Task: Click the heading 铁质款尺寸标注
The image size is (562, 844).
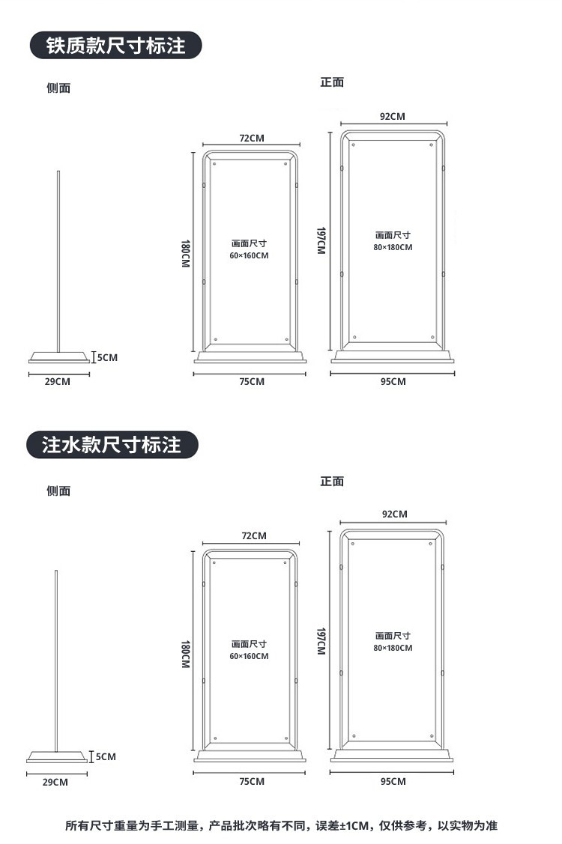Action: pos(116,46)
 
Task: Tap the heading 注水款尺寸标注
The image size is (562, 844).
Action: pos(112,445)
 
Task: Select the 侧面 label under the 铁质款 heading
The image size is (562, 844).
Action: pos(58,88)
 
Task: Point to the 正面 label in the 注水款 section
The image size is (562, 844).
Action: pos(332,481)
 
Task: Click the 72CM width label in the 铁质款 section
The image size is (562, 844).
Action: pos(252,138)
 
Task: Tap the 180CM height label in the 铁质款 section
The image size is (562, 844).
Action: pos(185,255)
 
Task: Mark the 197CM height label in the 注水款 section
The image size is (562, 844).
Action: pos(321,641)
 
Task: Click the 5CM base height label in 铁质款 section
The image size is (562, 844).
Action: pos(107,357)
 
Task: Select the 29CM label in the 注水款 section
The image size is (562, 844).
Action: pos(55,782)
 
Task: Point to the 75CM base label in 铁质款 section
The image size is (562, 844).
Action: pos(252,382)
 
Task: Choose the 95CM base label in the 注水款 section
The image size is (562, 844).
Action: pos(393,782)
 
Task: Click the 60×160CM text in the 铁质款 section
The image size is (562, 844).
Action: pos(249,255)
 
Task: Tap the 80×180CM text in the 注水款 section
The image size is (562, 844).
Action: pos(393,648)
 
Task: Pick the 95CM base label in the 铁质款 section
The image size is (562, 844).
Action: pos(393,382)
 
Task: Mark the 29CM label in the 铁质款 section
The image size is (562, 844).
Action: pos(58,382)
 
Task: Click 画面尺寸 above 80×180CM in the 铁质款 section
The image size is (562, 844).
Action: pos(393,235)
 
